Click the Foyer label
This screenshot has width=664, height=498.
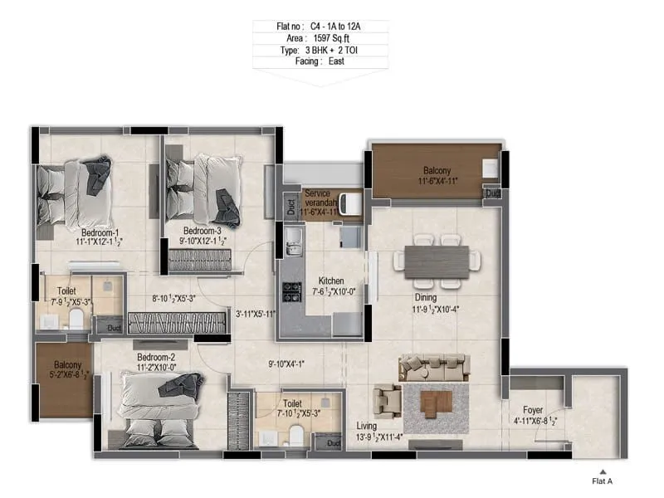[533, 410]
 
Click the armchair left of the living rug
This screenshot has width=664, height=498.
[386, 402]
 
